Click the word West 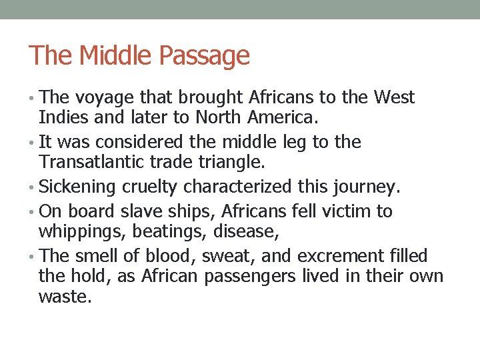(x=394, y=97)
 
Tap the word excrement (x=339, y=256)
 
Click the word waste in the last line (x=64, y=296)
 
